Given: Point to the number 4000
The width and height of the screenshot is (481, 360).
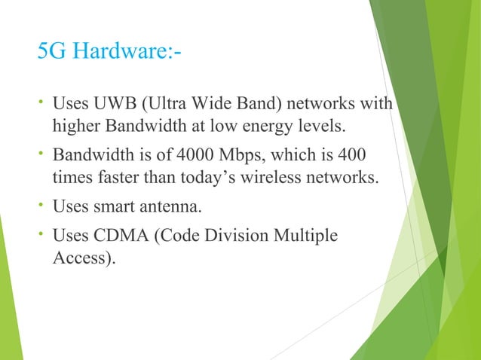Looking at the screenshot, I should tap(198, 156).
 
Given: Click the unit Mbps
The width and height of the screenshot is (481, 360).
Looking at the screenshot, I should tap(245, 156).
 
